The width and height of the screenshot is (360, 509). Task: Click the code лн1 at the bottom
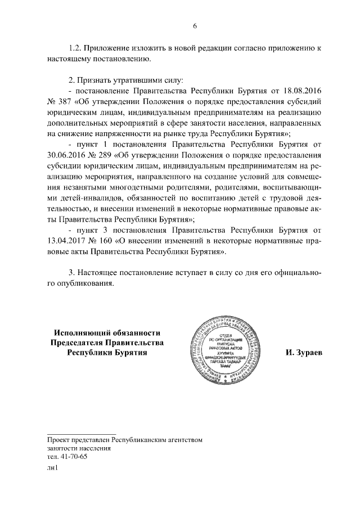pyautogui.click(x=53, y=468)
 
